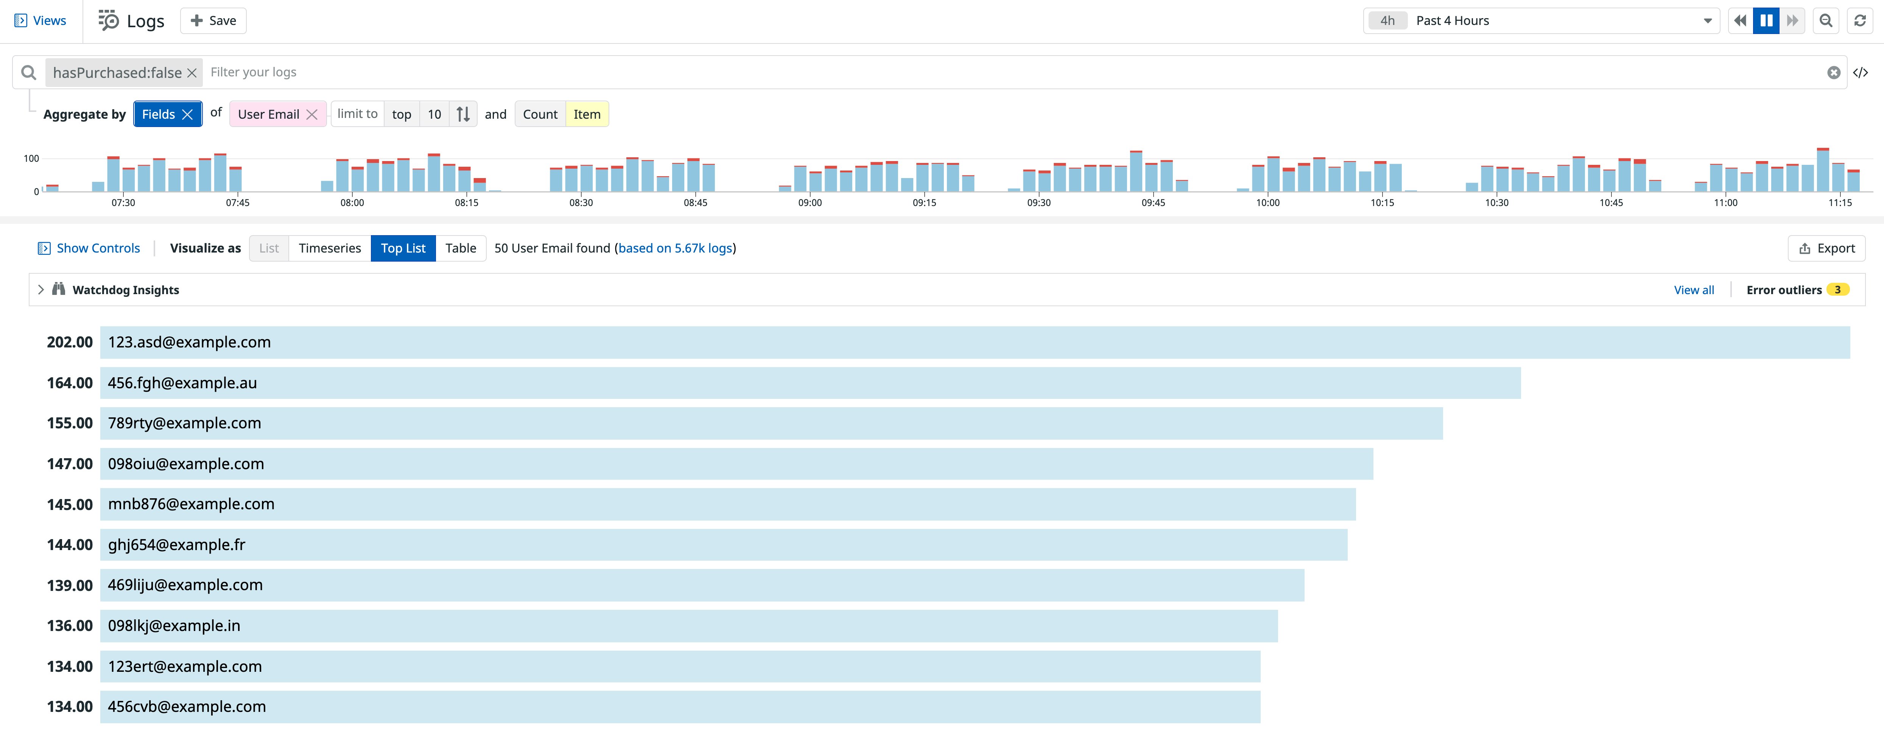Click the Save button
[x=213, y=20]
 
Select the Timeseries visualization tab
[x=330, y=248]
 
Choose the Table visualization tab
[x=461, y=248]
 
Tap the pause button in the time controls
[x=1766, y=20]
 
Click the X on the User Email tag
[x=312, y=115]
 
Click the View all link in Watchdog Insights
[x=1693, y=290]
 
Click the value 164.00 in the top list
[x=70, y=383]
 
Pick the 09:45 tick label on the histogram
[x=1153, y=202]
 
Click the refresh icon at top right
[x=1860, y=20]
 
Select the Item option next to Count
[x=587, y=115]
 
